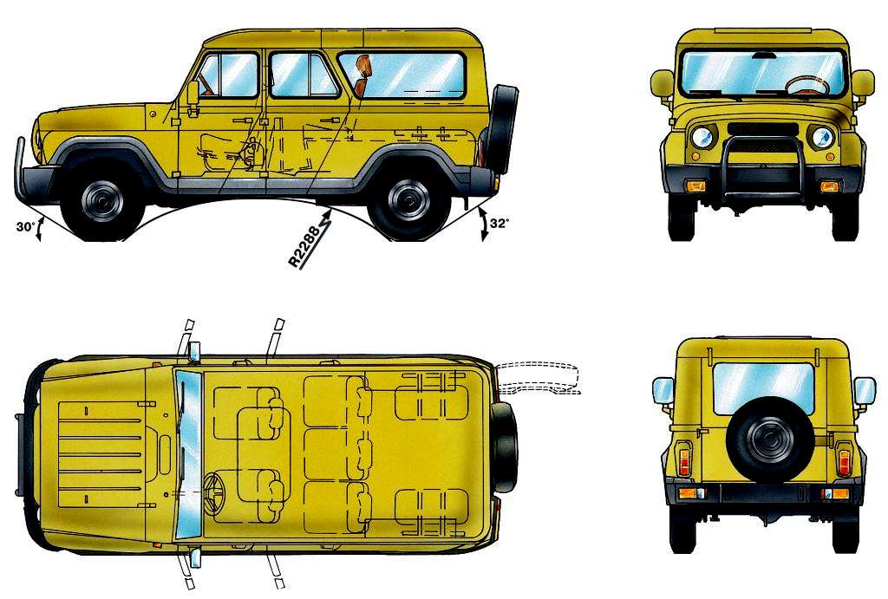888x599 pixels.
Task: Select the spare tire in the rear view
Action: click(x=764, y=439)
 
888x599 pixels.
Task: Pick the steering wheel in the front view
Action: click(x=806, y=85)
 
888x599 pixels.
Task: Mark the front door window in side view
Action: click(x=226, y=76)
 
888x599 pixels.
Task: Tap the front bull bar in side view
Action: click(x=21, y=170)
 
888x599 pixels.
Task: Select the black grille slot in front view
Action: click(x=762, y=129)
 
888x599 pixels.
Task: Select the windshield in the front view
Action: click(x=762, y=72)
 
